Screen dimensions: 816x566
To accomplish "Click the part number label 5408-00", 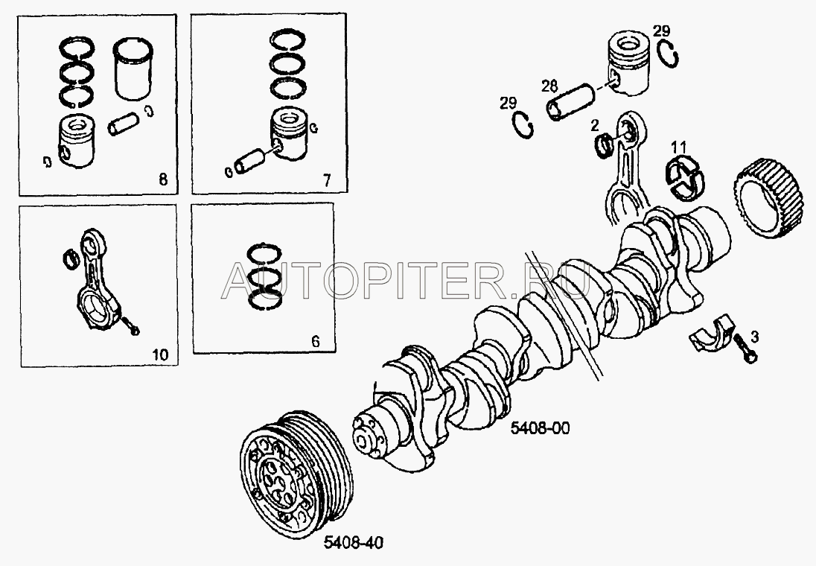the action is coord(540,428).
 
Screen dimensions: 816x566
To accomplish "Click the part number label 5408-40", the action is coord(354,542).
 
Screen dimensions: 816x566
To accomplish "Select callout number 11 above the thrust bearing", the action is coord(678,146).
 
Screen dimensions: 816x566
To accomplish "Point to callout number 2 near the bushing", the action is coord(595,125).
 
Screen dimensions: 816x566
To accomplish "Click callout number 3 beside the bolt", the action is coord(754,337).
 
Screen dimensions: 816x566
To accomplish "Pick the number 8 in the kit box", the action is coord(163,180).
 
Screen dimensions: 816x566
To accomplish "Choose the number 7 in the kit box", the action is coord(326,181).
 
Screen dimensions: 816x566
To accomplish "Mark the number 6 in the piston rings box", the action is coord(316,342).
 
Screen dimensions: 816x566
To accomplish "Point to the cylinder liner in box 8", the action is coord(133,69).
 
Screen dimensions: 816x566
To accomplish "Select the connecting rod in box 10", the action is coord(99,279).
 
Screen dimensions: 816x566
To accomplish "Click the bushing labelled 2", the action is coord(605,144).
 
